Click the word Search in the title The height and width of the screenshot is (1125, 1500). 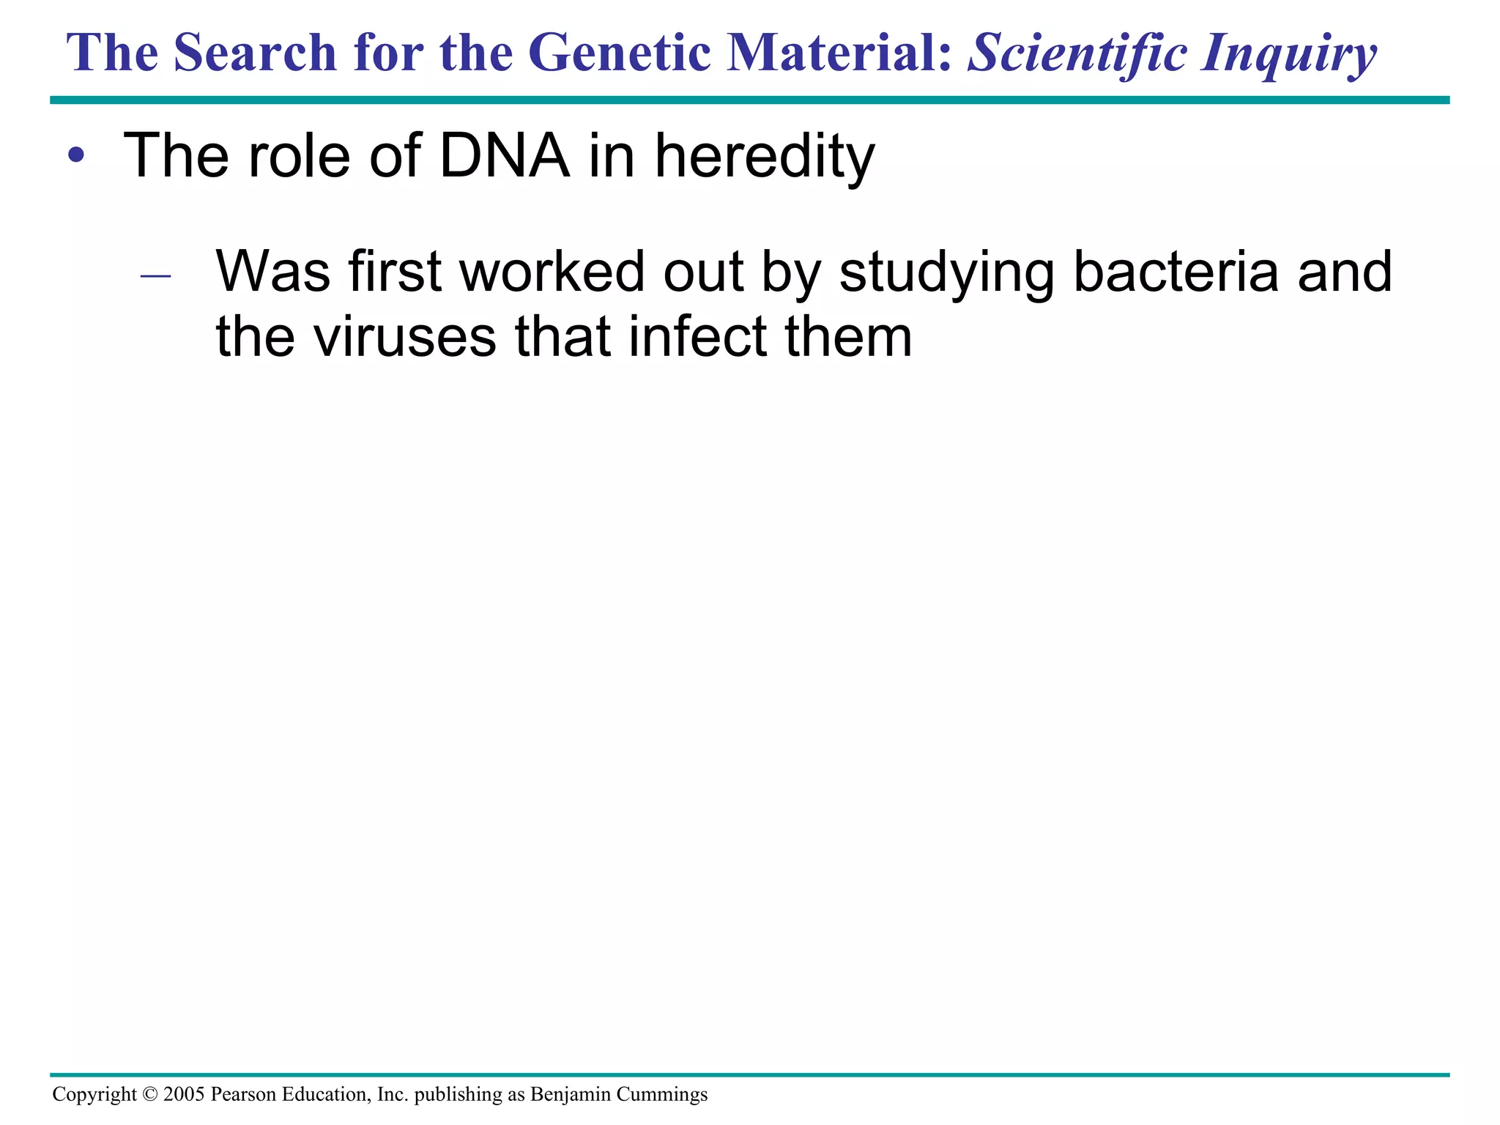[254, 53]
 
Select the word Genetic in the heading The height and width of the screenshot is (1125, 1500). [619, 53]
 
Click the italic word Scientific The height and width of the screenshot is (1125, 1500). [1077, 53]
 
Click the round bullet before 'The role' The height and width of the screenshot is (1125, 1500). [76, 156]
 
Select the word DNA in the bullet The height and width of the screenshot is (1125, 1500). [504, 155]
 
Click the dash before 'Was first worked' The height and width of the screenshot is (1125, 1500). [155, 276]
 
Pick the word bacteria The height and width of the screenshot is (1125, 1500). [1175, 272]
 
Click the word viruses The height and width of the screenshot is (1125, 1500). [405, 337]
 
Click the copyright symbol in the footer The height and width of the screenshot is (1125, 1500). [149, 1094]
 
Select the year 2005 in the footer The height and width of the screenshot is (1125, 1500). [184, 1094]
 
